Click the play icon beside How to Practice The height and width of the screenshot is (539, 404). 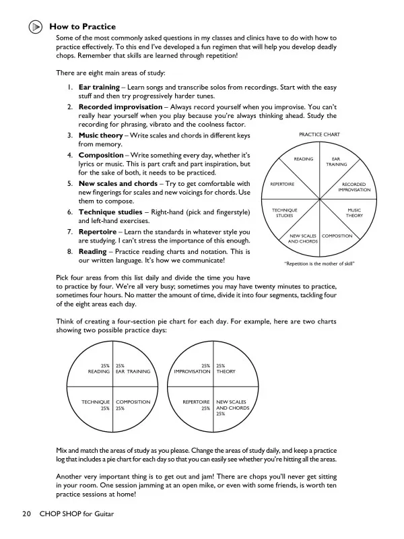coord(36,27)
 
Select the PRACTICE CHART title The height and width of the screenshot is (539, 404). coord(318,135)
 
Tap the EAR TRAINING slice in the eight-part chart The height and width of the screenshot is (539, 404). coord(336,162)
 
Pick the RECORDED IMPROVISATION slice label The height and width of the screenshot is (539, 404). coord(353,187)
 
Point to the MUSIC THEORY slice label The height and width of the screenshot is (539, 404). coord(354,213)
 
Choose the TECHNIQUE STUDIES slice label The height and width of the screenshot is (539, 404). coord(284,213)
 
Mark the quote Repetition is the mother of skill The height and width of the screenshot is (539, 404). coord(319,263)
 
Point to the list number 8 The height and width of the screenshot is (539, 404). coord(70,251)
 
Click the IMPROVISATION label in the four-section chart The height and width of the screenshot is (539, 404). coord(192,371)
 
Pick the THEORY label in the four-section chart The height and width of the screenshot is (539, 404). coord(226,371)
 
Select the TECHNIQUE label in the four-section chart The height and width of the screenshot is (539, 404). coord(96,402)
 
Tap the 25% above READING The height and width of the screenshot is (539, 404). coord(105,364)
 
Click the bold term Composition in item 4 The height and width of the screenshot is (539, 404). coord(101,155)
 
